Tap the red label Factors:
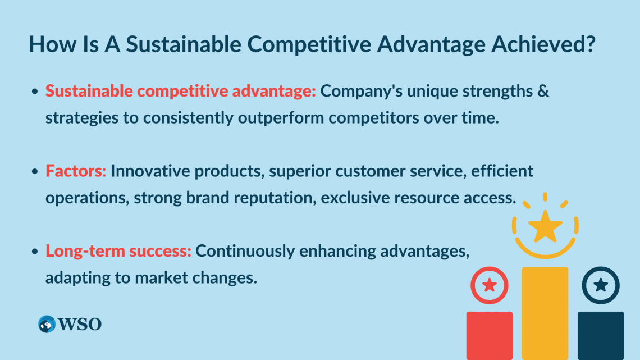(76, 171)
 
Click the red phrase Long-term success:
(118, 251)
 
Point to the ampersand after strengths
(543, 91)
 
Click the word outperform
(281, 118)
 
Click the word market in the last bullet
(161, 278)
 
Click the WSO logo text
(80, 325)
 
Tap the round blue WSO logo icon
(47, 324)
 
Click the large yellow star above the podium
(545, 226)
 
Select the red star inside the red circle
(490, 285)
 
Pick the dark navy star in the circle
(601, 285)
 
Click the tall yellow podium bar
(545, 313)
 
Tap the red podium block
(490, 336)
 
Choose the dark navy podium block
(601, 336)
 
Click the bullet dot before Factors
(35, 171)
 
